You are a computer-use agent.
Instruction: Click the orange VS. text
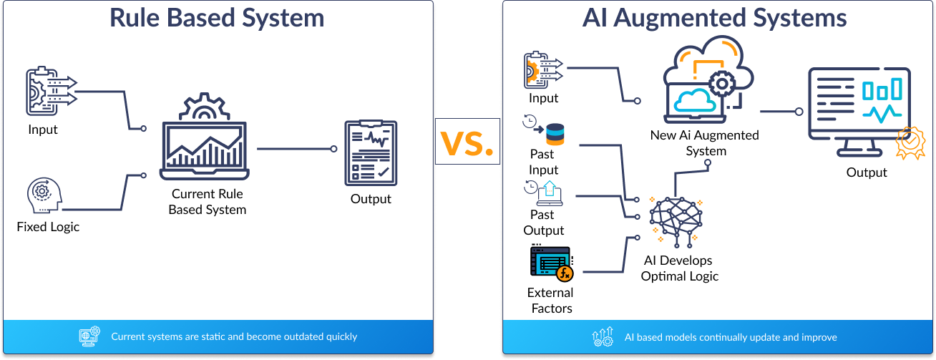(x=467, y=143)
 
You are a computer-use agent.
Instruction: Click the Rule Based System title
(x=217, y=18)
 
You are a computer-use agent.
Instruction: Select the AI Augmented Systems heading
(x=715, y=18)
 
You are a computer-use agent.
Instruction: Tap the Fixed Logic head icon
(x=44, y=195)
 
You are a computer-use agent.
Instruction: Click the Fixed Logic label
(x=48, y=227)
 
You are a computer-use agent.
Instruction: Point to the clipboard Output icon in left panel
(x=371, y=153)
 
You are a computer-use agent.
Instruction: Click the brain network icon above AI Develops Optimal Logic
(x=676, y=221)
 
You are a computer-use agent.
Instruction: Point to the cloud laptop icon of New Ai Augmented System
(x=708, y=79)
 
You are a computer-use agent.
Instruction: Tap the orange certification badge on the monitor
(x=910, y=143)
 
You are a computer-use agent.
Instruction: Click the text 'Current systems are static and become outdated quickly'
(x=234, y=336)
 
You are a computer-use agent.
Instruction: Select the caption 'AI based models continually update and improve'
(x=731, y=337)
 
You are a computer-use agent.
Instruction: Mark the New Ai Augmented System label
(x=705, y=143)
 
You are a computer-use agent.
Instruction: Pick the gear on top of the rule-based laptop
(x=205, y=106)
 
